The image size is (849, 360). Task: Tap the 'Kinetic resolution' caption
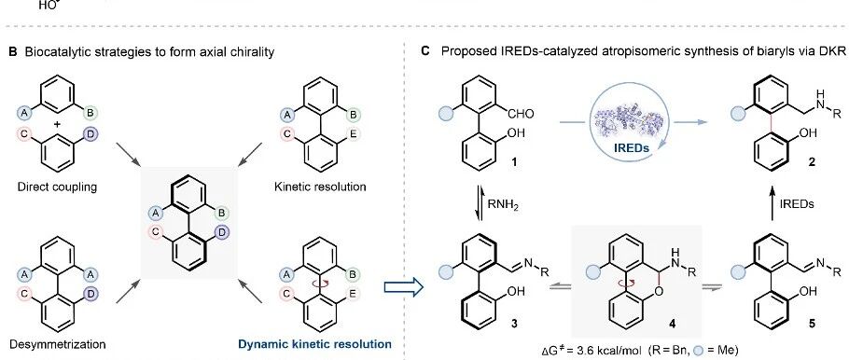320,187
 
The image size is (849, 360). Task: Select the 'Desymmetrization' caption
58,344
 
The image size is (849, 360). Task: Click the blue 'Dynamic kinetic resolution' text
315,344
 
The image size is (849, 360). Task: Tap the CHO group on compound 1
521,114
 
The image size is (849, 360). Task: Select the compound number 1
514,160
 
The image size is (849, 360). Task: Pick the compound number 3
514,324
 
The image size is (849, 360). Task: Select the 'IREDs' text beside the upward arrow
796,204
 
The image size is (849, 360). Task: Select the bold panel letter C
425,52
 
